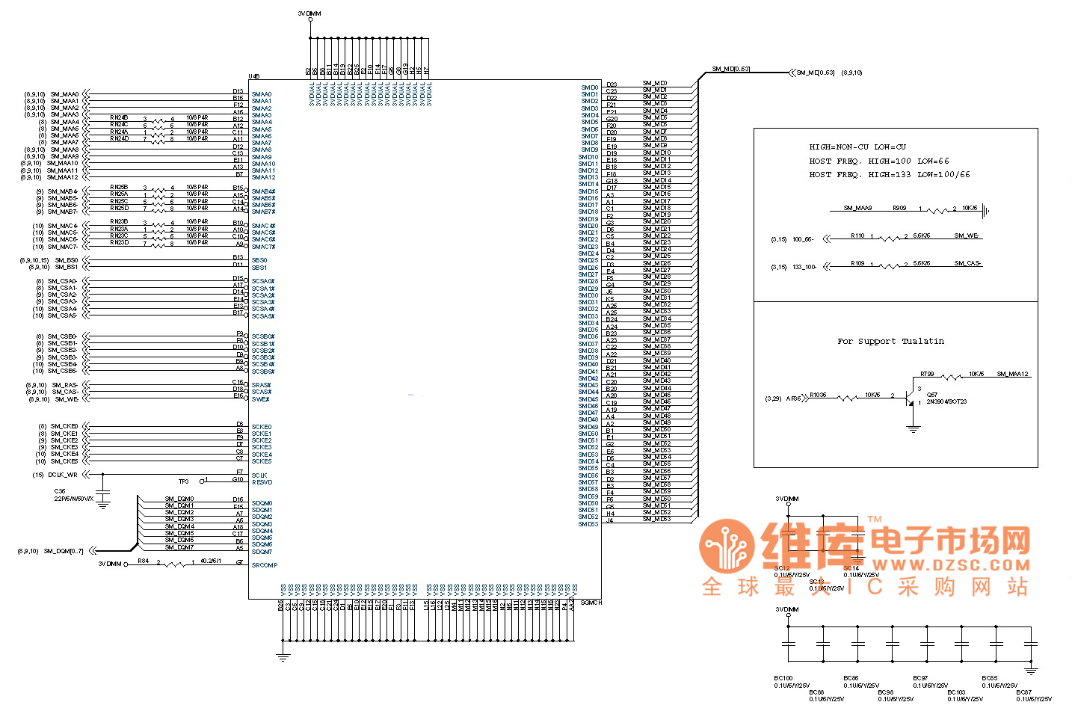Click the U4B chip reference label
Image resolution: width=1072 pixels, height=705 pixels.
(254, 76)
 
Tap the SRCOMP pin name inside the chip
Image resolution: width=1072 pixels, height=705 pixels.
(264, 565)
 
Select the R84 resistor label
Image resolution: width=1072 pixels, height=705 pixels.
(143, 561)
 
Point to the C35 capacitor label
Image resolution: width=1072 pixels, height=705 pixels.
(60, 492)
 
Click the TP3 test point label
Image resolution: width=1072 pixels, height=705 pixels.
(183, 481)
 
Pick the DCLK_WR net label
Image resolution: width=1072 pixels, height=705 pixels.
(63, 475)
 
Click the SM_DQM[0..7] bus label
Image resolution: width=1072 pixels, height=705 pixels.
(64, 551)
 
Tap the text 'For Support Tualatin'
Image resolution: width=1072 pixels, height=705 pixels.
(890, 341)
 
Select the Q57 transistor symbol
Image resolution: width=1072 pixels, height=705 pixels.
(911, 396)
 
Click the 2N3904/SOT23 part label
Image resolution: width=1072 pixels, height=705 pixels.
(946, 401)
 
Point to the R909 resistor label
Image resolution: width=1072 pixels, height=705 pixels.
(899, 208)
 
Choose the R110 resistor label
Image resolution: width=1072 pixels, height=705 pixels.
(857, 235)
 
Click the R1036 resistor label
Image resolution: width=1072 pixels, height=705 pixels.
(818, 395)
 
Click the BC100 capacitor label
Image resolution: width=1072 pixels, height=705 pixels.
(783, 678)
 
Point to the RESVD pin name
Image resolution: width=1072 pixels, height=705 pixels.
(262, 482)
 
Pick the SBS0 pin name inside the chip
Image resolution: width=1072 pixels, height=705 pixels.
(259, 260)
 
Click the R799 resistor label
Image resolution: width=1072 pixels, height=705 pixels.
(927, 374)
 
